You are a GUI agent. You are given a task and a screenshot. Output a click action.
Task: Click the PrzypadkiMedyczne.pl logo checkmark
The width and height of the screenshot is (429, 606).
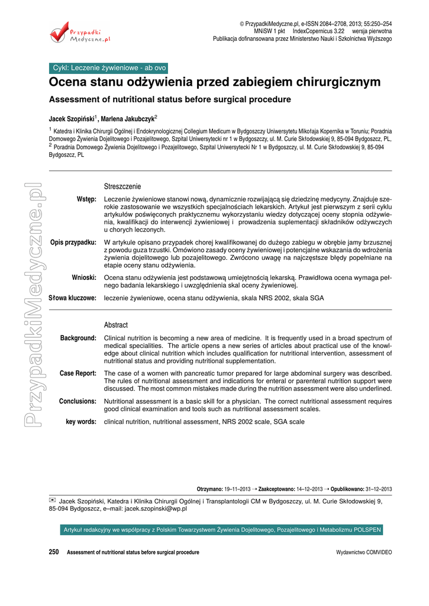pos(59,33)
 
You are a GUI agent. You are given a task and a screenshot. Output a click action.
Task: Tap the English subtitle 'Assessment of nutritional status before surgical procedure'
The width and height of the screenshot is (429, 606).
pos(170,99)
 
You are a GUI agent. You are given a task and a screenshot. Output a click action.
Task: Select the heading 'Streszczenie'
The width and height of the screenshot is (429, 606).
pos(122,186)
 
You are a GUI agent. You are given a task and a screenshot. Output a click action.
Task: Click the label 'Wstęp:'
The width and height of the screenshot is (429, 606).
pos(86,199)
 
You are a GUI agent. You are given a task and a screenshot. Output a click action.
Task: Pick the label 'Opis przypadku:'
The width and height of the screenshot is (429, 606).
pos(74,242)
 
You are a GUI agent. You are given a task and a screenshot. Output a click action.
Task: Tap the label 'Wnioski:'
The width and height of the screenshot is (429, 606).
pos(84,277)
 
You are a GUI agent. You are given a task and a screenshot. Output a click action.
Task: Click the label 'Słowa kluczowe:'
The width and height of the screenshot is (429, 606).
pos(72,298)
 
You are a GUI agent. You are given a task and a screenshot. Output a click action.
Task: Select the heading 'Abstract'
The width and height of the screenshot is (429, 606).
pos(116,325)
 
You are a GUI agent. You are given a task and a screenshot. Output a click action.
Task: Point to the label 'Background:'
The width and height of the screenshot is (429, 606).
pos(78,338)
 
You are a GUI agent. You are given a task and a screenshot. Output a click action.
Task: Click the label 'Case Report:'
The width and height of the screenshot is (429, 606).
pos(78,373)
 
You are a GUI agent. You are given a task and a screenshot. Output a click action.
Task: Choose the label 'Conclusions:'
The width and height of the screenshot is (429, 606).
pos(78,401)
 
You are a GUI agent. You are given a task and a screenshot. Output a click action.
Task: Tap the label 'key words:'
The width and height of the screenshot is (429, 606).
pos(81,422)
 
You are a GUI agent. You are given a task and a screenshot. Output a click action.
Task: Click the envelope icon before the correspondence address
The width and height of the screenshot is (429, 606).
pos(53,500)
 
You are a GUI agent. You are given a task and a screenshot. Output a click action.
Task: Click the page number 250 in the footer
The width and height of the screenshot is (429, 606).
pos(54,552)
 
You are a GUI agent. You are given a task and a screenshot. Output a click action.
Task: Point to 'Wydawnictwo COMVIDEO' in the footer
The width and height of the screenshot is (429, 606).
pos(363,553)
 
